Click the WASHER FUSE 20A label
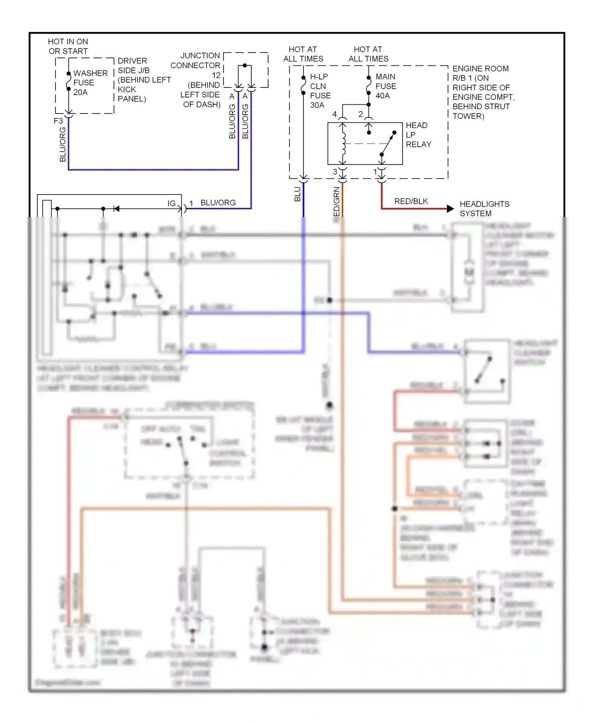coord(90,83)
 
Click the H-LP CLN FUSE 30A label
coord(320,91)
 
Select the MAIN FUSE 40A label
coord(385,86)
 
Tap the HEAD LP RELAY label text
coord(418,135)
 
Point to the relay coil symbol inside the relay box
coord(344,144)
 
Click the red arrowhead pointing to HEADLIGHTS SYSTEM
coord(450,209)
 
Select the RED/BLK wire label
coord(411,201)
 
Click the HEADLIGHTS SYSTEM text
coord(484,209)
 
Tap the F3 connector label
coord(58,121)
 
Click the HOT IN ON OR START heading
coord(68,46)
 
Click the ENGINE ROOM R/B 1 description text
coord(483,92)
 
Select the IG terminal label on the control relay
coord(171,203)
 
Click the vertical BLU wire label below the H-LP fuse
coord(297,194)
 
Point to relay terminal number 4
coord(334,114)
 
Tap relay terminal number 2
coord(360,114)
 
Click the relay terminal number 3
coord(335,172)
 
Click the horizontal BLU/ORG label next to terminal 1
coord(218,203)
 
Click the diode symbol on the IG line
coord(116,209)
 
